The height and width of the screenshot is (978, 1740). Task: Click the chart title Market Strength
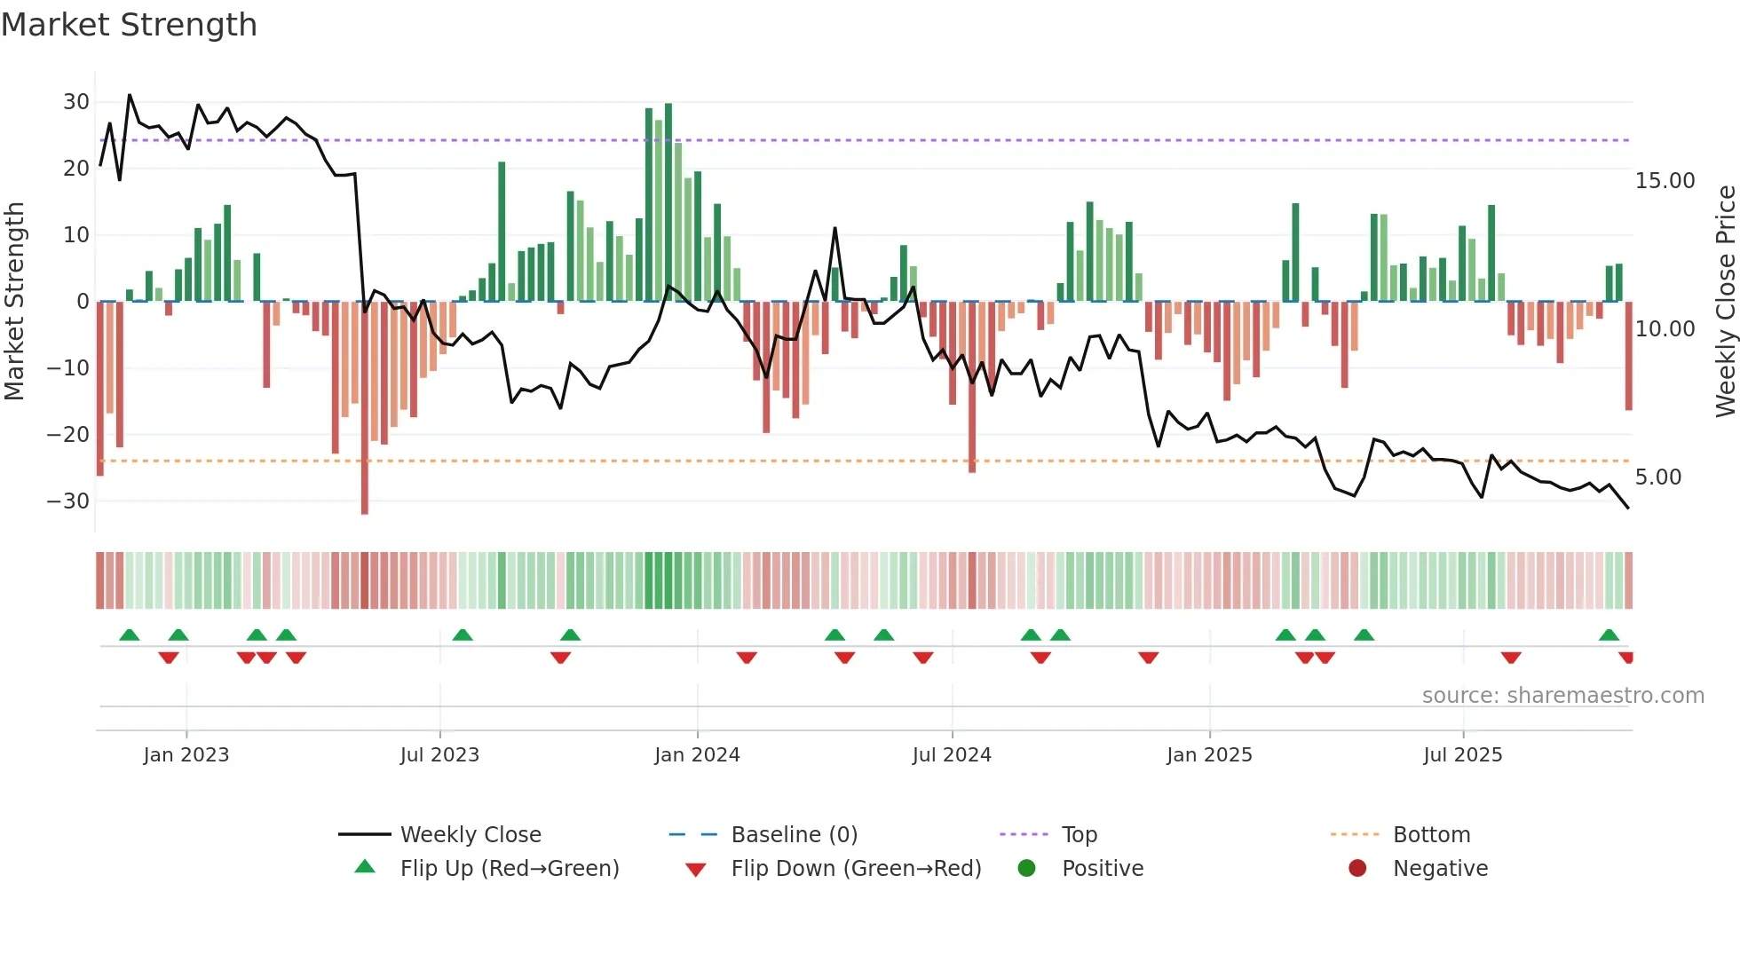point(129,25)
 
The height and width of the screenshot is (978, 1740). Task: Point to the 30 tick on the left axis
point(76,102)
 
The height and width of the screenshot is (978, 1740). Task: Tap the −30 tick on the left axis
point(69,501)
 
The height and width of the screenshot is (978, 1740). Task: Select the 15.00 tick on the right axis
point(1665,181)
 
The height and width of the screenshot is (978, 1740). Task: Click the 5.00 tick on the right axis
point(1657,477)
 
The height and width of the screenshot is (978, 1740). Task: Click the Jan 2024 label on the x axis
point(697,755)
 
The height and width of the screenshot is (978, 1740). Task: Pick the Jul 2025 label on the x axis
point(1462,755)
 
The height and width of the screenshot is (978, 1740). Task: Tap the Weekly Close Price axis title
point(1725,302)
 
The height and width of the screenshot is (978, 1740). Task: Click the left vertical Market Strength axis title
point(14,302)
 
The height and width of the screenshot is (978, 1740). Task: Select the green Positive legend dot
point(1027,869)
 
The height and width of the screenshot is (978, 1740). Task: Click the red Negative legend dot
point(1357,869)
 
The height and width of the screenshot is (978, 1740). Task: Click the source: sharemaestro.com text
point(1562,696)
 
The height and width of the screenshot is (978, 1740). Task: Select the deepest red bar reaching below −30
point(365,408)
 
